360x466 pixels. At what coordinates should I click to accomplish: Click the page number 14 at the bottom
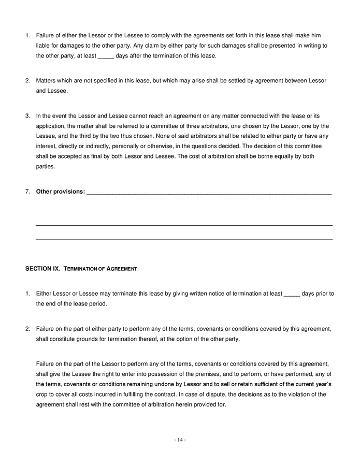180,440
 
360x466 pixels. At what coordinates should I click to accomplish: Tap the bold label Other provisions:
60,192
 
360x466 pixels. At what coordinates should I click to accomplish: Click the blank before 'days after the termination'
105,55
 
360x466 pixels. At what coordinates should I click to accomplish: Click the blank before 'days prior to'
292,294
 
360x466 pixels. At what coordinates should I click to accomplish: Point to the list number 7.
28,192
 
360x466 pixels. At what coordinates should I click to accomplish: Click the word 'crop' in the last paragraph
42,394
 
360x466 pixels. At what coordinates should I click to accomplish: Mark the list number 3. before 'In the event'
28,115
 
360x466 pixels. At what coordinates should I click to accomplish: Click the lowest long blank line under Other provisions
184,240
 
